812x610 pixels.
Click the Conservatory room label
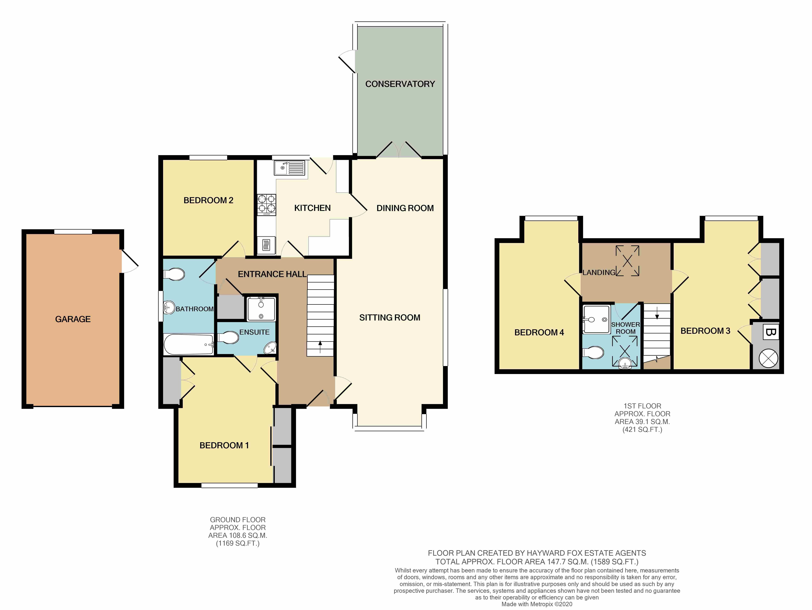[x=400, y=84]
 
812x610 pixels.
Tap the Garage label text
[x=73, y=319]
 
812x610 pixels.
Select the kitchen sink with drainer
[x=289, y=168]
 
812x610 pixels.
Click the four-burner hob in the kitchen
[x=266, y=204]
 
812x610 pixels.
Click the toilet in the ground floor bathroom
[x=174, y=274]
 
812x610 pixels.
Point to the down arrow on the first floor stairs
[x=657, y=315]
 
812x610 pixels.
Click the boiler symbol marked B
[x=770, y=332]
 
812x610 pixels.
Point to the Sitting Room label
[x=389, y=317]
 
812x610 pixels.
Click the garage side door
[x=129, y=261]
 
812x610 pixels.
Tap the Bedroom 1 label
[x=224, y=445]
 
